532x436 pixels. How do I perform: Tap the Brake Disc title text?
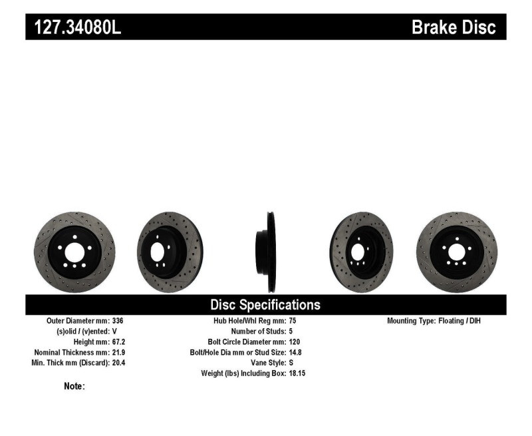click(454, 28)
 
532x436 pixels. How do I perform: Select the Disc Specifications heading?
click(265, 305)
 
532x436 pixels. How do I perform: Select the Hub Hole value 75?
click(293, 321)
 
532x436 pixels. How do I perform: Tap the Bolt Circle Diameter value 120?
click(295, 341)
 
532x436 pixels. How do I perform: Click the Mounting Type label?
click(411, 321)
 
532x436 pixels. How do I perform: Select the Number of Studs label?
click(258, 331)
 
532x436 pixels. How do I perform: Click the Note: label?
click(74, 386)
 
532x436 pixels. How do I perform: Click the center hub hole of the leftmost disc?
click(74, 252)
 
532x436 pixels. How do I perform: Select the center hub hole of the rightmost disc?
click(456, 252)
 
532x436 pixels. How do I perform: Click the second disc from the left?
click(170, 252)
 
